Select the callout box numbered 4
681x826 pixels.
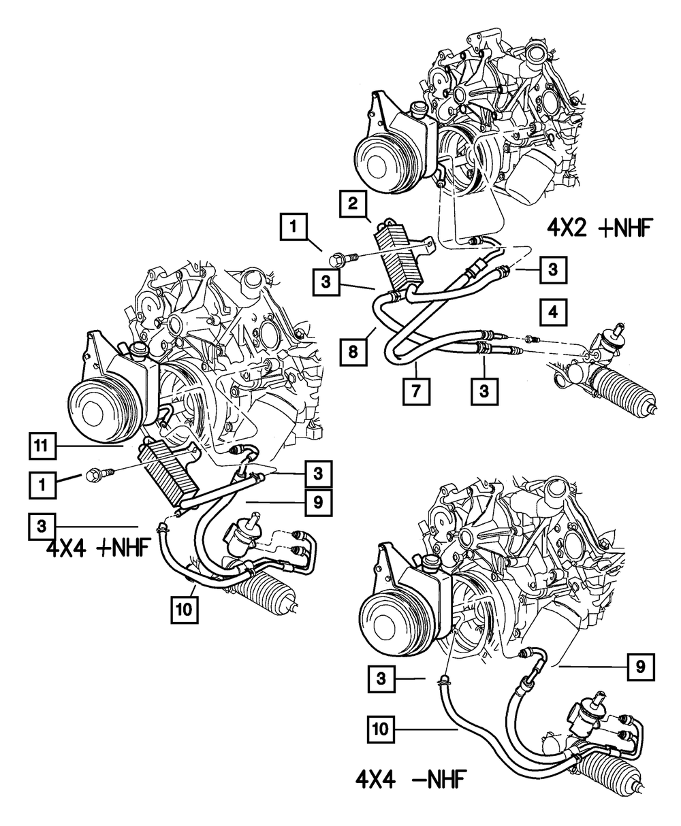554,313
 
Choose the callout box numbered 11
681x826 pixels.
42,447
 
